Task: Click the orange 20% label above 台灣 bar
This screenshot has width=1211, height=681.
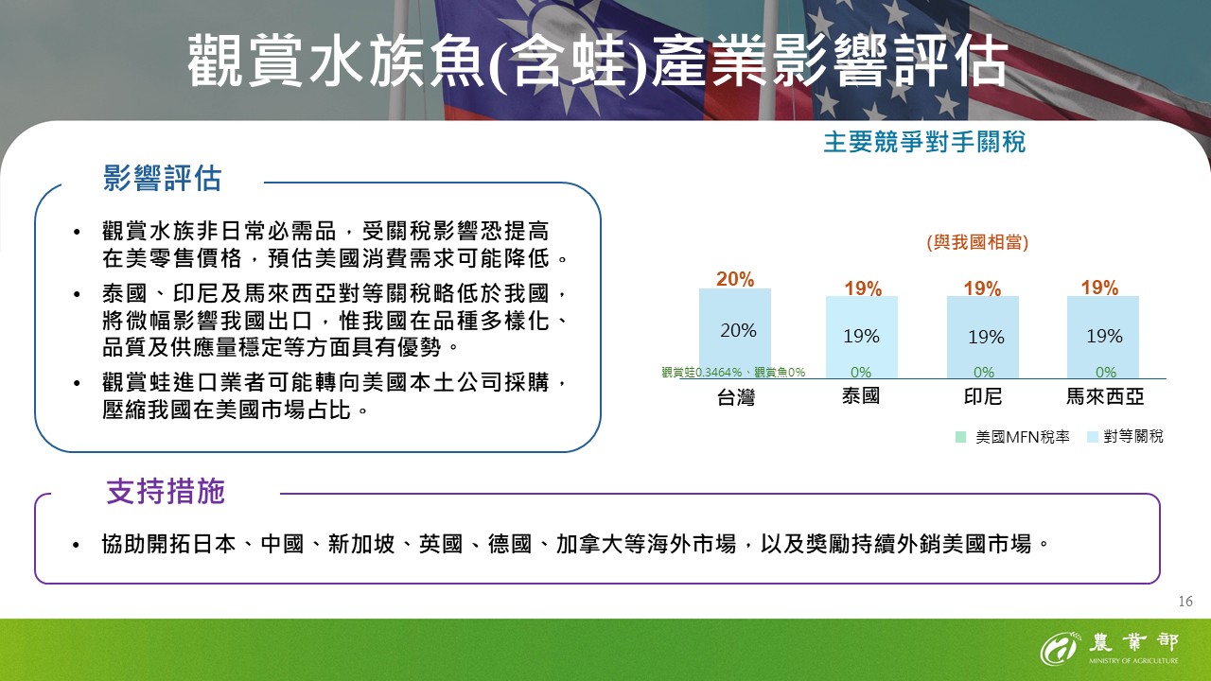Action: click(x=735, y=279)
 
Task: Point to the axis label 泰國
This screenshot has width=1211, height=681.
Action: click(x=861, y=396)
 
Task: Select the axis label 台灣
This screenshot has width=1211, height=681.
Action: click(x=735, y=397)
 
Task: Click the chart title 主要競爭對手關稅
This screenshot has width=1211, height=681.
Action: click(x=924, y=143)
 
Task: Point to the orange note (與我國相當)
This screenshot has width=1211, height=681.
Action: click(x=977, y=242)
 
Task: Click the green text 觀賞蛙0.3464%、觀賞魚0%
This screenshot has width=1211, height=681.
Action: click(x=733, y=373)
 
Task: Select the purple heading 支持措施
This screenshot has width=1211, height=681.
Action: click(x=166, y=491)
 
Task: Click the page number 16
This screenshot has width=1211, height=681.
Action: click(x=1185, y=602)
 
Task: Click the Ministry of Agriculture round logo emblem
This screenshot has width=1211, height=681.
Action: click(x=1060, y=650)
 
